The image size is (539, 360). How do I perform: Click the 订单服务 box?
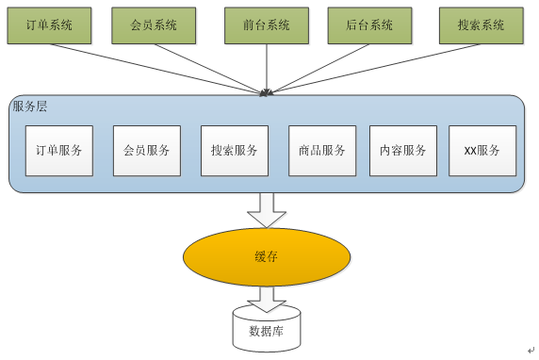click(59, 151)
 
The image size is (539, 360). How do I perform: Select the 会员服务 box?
click(147, 151)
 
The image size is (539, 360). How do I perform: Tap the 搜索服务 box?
click(235, 151)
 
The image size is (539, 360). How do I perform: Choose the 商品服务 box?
click(321, 151)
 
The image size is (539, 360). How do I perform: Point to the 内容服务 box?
click(403, 151)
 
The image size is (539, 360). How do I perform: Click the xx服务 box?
click(482, 151)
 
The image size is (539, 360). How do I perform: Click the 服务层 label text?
click(30, 106)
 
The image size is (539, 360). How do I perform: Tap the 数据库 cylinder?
click(266, 330)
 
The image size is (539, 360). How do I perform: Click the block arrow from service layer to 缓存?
click(267, 209)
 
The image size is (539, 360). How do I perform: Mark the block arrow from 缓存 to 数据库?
click(267, 299)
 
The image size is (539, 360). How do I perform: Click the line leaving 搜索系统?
click(377, 66)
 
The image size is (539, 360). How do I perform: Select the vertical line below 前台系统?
click(267, 66)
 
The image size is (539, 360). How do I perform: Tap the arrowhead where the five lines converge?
click(267, 91)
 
